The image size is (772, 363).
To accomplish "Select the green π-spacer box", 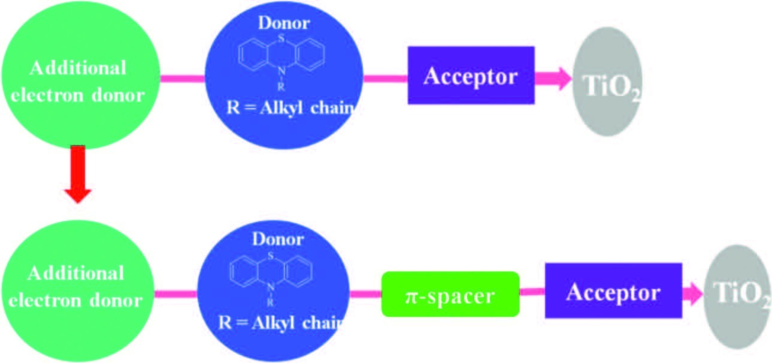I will point(450,294).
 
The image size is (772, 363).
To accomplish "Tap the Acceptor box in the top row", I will point(471,76).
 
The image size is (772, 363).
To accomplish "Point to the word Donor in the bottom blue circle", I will point(277,239).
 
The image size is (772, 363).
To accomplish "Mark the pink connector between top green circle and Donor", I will point(182,79).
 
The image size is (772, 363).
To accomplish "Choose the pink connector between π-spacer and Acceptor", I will point(532,292).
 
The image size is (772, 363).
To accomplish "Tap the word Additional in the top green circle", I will point(78,68).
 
